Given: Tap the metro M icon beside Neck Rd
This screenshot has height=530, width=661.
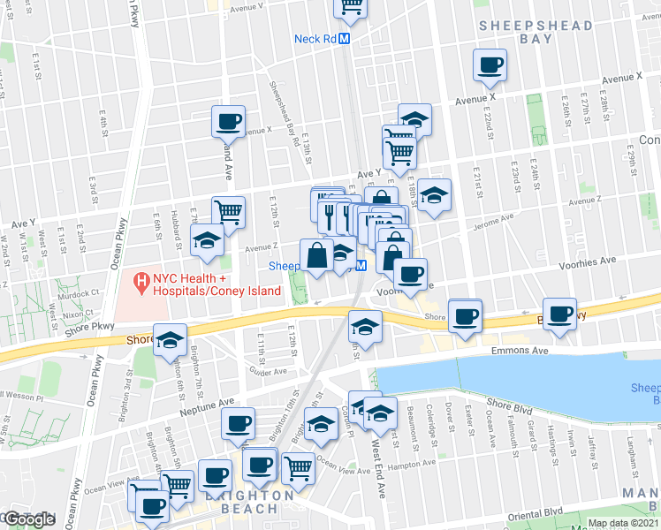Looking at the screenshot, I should pos(345,39).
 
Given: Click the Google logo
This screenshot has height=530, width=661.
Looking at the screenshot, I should pos(30,519).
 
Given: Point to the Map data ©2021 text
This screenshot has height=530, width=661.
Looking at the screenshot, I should pos(622,523).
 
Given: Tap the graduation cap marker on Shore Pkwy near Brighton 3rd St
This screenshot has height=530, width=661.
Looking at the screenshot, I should pos(169,339).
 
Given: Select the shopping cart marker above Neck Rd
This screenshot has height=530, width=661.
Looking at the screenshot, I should pos(350,7).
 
